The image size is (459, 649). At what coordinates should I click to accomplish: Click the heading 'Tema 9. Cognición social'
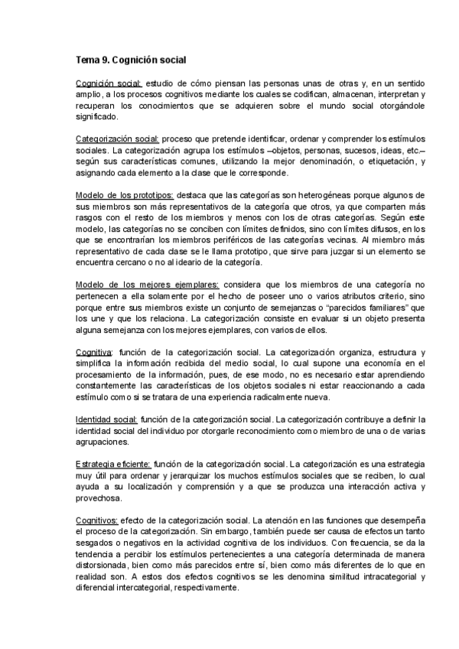click(131, 59)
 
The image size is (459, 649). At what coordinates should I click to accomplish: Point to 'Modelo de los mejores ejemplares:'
click(147, 285)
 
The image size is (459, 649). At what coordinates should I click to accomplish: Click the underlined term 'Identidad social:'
click(106, 419)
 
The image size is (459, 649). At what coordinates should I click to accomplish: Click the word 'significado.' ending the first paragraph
click(97, 117)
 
